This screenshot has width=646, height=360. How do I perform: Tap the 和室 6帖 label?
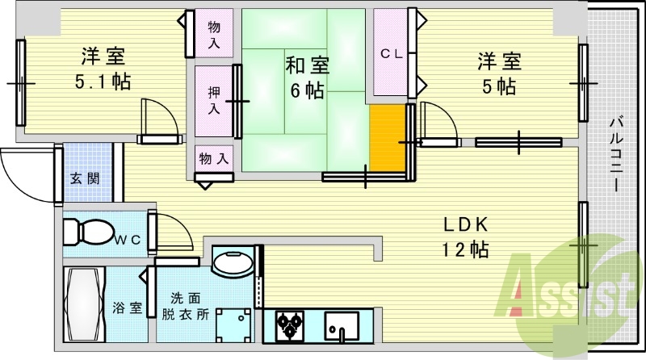pyautogui.click(x=304, y=77)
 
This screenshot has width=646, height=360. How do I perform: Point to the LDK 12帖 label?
pyautogui.click(x=465, y=237)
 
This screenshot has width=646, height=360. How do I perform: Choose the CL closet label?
pyautogui.click(x=392, y=54)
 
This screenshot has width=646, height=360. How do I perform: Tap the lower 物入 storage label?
pyautogui.click(x=213, y=159)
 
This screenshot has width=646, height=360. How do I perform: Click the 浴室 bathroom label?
pyautogui.click(x=127, y=308)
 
